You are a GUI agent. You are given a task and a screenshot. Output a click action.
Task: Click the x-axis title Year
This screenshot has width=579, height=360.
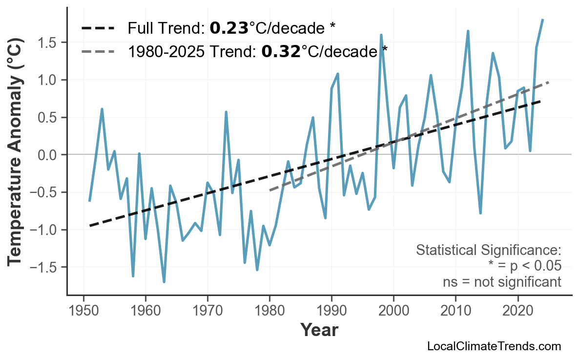[x=319, y=330]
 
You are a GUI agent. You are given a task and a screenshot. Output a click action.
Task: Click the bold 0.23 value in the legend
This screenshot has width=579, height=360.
[x=229, y=28]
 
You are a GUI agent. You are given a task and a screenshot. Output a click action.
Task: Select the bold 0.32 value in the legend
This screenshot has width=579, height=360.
[x=281, y=51]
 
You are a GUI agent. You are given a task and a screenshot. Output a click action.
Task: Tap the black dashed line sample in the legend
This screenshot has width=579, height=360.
[x=98, y=28]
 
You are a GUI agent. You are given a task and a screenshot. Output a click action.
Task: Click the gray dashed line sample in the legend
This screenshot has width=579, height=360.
[x=98, y=51]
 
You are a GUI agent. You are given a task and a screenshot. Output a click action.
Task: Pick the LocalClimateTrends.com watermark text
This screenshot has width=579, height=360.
[x=494, y=346]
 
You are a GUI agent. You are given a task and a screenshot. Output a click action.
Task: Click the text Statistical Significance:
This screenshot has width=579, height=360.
[x=489, y=251]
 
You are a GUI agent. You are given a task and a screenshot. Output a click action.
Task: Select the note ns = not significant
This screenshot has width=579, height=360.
[x=502, y=282]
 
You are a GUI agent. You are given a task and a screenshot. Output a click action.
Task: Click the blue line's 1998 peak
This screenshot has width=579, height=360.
[x=381, y=35]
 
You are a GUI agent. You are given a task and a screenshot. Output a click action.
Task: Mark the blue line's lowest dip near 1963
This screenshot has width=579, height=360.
[x=164, y=282]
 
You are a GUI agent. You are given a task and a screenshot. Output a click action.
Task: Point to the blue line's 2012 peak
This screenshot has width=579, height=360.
[x=468, y=31]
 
